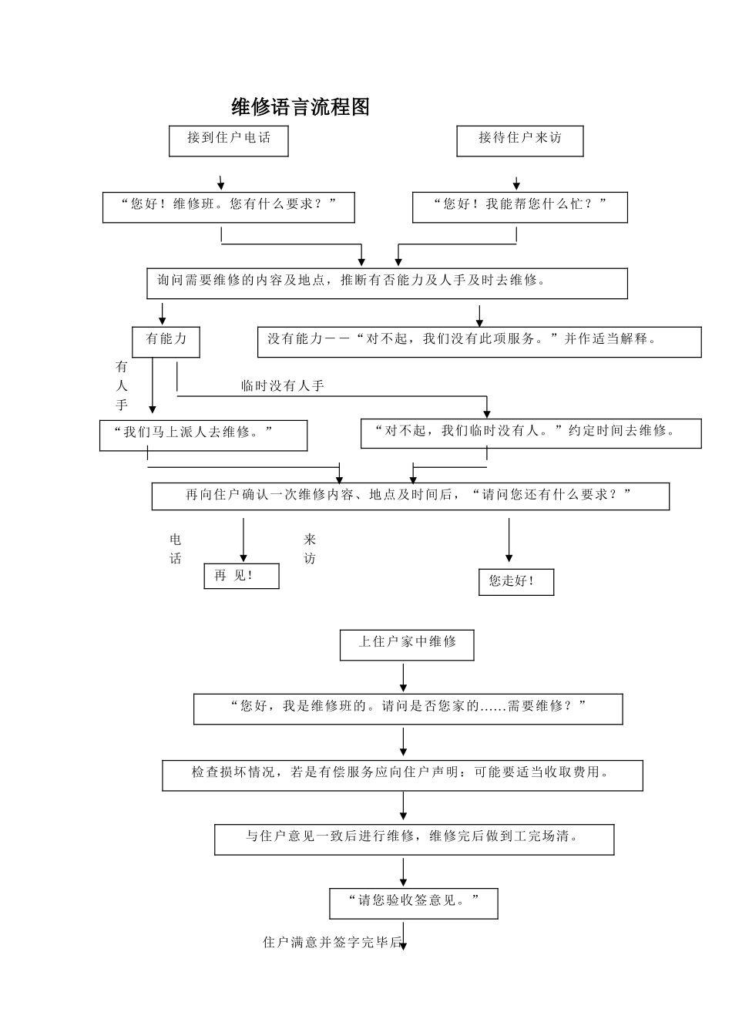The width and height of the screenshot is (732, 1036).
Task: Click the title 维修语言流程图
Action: (x=301, y=107)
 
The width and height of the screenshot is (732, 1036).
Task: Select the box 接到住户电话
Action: (x=229, y=140)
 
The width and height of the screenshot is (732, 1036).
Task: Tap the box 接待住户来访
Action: (x=520, y=140)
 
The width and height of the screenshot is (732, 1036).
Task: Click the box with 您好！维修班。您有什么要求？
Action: (x=229, y=207)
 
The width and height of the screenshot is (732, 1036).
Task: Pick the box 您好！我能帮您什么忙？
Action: (x=520, y=207)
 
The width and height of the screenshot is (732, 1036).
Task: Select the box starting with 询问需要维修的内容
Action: (x=387, y=283)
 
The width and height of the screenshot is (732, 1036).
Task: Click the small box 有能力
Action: (x=166, y=341)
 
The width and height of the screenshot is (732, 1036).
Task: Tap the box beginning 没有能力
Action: (x=479, y=341)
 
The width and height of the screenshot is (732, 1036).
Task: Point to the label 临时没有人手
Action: (x=283, y=386)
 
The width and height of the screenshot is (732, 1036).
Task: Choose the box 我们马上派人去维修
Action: (x=203, y=435)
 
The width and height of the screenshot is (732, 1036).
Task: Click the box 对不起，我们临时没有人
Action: (x=531, y=433)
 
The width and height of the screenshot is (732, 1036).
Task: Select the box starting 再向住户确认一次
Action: (x=410, y=496)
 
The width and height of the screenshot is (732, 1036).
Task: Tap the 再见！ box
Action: (x=241, y=576)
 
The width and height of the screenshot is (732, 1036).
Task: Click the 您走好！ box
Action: (x=516, y=582)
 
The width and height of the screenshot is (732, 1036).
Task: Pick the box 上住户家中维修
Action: (x=407, y=644)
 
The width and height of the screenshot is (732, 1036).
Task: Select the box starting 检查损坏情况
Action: (x=402, y=775)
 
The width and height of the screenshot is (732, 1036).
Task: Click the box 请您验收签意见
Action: (x=414, y=903)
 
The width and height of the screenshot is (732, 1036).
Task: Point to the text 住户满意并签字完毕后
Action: (x=332, y=943)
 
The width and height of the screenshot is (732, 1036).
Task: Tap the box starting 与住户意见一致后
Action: (x=414, y=839)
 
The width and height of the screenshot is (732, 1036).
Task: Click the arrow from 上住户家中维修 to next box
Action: (x=403, y=677)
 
